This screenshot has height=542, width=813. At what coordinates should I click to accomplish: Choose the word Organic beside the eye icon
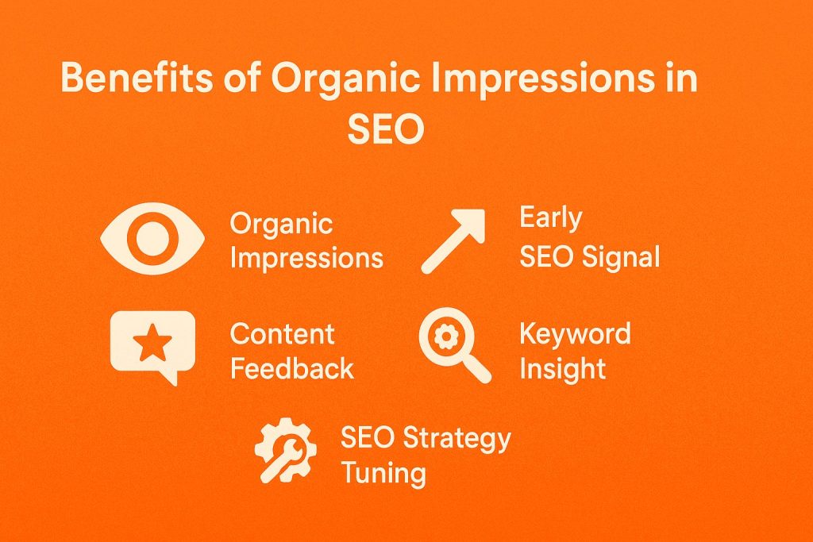point(281,224)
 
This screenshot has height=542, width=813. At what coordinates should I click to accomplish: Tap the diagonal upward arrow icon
point(453,241)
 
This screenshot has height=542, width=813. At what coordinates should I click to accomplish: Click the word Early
point(550,218)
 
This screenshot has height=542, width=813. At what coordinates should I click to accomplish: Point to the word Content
point(282,334)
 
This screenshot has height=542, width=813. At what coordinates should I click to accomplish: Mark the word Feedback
point(291,369)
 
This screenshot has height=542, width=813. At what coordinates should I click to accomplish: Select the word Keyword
point(575,333)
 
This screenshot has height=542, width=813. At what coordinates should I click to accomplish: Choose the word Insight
point(562,368)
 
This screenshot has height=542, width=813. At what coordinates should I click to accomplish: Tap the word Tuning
point(383,474)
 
